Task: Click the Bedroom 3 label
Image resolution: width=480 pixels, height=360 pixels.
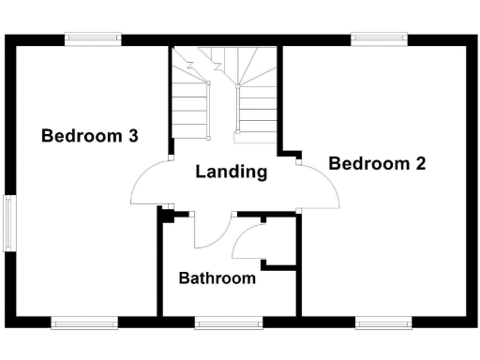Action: point(90,136)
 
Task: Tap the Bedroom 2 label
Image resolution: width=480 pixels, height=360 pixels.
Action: point(377,163)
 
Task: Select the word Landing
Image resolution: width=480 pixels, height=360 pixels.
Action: point(231,172)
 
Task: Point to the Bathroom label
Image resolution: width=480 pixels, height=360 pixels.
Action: point(217,278)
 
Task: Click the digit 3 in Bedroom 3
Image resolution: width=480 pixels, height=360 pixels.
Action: point(133,136)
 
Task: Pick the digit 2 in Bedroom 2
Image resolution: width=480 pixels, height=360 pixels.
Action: point(421,163)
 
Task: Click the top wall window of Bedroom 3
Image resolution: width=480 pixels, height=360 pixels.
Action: point(93,38)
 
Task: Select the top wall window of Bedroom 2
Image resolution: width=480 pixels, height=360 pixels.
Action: point(379,38)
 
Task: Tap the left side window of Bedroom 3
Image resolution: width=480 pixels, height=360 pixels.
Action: point(10,222)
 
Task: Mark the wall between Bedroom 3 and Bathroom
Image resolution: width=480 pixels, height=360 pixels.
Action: point(158,272)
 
